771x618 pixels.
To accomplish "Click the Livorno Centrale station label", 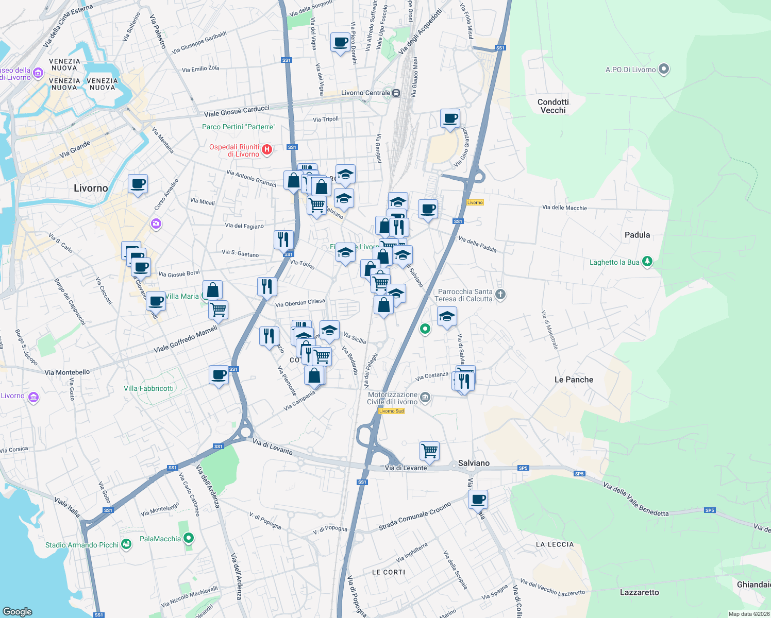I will (366, 93).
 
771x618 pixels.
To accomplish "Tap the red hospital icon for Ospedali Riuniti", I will (267, 150).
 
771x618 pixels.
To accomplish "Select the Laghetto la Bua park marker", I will (647, 262).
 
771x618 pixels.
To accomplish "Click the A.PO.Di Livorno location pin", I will (664, 69).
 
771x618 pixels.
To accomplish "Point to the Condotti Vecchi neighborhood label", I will (553, 106).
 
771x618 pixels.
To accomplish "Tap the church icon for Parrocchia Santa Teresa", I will (500, 295).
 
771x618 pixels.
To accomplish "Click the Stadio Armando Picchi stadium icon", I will (126, 545).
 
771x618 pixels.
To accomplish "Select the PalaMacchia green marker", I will (189, 539).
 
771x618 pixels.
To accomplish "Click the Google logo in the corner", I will (17, 611).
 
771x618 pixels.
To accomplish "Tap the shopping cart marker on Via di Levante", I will (429, 451).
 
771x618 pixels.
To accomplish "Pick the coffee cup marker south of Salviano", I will (478, 499).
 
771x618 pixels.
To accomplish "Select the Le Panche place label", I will (574, 380).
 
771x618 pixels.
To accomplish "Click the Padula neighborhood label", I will (637, 235).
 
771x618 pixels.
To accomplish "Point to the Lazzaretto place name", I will (639, 592).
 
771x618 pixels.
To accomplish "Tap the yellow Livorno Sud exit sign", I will (391, 411).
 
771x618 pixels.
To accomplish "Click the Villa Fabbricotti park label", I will (148, 388).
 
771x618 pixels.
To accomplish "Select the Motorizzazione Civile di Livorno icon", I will (425, 397).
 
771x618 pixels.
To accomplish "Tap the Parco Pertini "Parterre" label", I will (239, 127).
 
